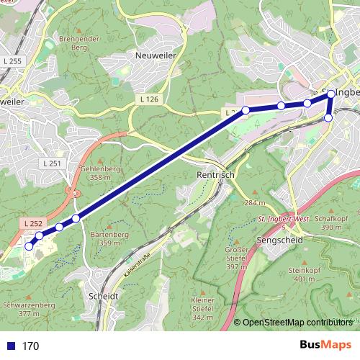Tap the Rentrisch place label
coord(215,174)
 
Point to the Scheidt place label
coord(102,295)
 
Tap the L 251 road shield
coord(53,163)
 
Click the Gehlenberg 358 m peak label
coord(101,172)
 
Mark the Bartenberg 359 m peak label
coord(109,239)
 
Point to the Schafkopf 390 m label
coord(332,222)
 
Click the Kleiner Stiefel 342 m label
coord(203,308)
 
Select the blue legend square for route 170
coord(11,346)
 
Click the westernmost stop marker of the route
coord(29,246)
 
